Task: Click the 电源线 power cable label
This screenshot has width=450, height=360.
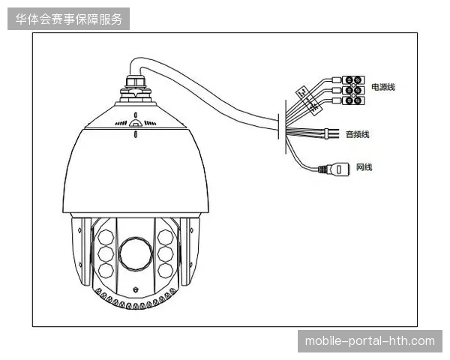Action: coord(383,87)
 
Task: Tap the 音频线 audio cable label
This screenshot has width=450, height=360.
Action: coord(357,134)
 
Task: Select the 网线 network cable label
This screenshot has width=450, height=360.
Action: coord(364,167)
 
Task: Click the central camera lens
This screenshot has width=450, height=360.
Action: coord(136,253)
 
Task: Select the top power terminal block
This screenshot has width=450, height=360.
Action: coord(353,80)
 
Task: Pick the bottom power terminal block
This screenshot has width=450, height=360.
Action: coord(353,100)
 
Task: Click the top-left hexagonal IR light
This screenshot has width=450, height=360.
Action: coord(106,238)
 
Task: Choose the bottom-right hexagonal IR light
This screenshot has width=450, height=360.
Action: coord(165,271)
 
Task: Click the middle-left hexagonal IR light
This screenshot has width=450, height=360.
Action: coord(106,253)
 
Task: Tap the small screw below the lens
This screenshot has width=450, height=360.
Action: coord(136,289)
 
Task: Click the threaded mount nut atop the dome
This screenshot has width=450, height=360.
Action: coord(136,81)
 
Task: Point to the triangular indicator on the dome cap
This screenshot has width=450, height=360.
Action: coord(136,123)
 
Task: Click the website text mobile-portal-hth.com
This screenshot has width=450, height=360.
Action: coord(370,341)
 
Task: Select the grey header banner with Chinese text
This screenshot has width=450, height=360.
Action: coord(68,19)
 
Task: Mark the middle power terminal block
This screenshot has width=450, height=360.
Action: coord(353,90)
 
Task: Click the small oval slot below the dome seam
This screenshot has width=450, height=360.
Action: coord(136,134)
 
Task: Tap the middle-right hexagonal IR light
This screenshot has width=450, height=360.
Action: coord(165,253)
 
